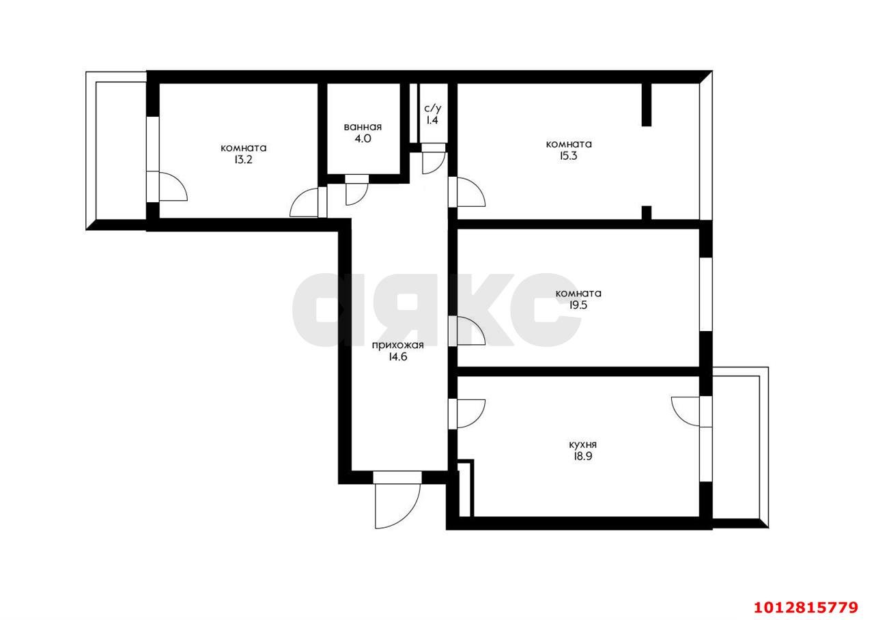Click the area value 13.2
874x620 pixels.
click(x=243, y=160)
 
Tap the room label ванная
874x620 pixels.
click(x=363, y=126)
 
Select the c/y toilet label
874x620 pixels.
click(x=433, y=108)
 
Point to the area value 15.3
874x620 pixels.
click(x=568, y=156)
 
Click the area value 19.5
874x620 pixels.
click(x=578, y=305)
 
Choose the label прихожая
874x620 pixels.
click(x=398, y=345)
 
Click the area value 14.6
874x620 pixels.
click(x=398, y=356)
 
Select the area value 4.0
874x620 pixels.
click(x=363, y=139)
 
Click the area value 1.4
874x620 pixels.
click(x=433, y=120)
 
